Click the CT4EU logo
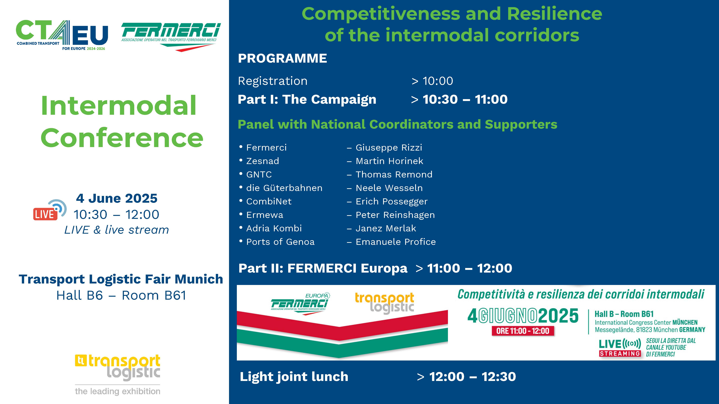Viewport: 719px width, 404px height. (62, 35)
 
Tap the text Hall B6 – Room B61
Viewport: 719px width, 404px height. (121, 295)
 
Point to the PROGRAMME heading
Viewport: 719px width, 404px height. (283, 58)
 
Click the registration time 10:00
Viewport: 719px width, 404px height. (438, 81)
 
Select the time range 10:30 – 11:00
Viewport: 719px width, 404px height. (465, 99)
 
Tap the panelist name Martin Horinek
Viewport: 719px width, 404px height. (389, 161)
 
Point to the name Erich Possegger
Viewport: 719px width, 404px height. (392, 201)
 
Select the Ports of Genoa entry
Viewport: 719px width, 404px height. (281, 242)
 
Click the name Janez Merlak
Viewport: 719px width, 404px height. (386, 228)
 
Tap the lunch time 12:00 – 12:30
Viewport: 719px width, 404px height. (473, 377)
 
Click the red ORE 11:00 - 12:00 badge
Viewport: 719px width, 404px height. (523, 331)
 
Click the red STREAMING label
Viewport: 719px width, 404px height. (620, 353)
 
